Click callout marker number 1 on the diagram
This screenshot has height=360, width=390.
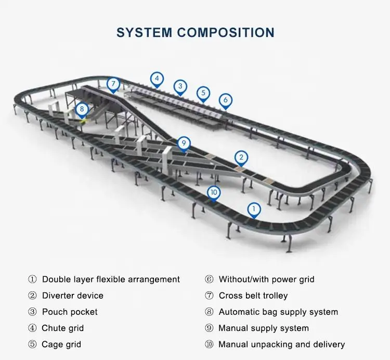coord(254,209)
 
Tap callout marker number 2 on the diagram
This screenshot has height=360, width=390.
coord(240,157)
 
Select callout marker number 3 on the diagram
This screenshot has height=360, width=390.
coord(180,86)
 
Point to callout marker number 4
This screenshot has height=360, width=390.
coord(157,79)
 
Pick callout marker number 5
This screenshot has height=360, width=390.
coord(203,93)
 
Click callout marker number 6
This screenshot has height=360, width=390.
coord(225,100)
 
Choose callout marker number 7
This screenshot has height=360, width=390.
coord(113,84)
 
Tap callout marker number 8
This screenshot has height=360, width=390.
coord(81,109)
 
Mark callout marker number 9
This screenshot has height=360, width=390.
coord(183,143)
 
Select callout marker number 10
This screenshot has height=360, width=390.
coord(214,192)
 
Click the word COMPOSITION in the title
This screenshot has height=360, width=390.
coord(226,32)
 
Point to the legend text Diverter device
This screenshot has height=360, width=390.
coord(72,295)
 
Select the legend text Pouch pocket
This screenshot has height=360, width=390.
coord(69,312)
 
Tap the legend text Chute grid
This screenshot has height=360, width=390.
coord(62,328)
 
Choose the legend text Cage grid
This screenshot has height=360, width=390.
coord(61,344)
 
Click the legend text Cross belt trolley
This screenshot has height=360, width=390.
coord(253,295)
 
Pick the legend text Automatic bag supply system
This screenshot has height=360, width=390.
coord(278,312)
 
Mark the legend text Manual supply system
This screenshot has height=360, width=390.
coord(264,328)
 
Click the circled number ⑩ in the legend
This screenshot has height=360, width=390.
coord(209,344)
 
